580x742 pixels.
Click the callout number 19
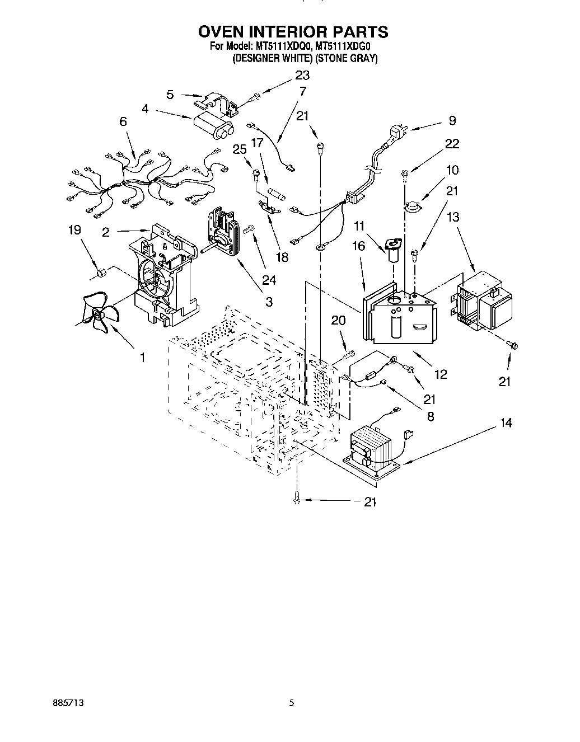[x=75, y=230]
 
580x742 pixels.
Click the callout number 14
[x=506, y=423]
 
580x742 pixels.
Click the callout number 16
[x=359, y=245]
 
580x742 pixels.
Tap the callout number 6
[x=123, y=121]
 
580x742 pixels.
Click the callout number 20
[x=338, y=320]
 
